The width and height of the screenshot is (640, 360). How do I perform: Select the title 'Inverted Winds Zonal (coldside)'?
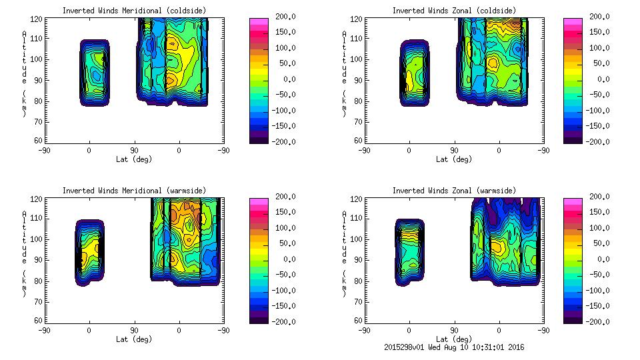455,11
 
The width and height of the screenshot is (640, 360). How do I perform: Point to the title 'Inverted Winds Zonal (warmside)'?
455,191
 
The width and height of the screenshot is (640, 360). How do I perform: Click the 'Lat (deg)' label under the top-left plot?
134,159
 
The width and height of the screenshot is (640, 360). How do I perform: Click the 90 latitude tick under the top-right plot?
455,151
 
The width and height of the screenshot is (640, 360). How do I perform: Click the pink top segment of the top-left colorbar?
259,21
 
